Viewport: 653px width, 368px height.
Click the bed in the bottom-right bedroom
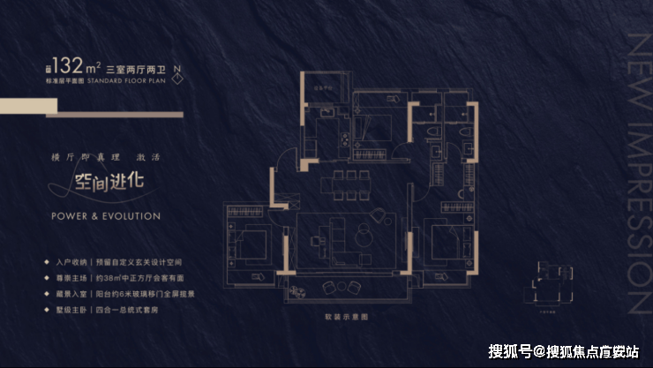453,239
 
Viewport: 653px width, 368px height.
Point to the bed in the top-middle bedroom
379,129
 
